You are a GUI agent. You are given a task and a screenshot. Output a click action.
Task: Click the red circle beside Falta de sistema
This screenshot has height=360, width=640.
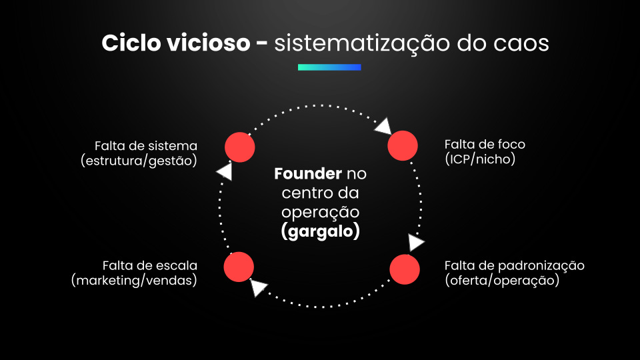click(239, 147)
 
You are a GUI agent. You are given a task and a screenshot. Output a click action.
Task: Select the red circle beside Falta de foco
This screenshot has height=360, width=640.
click(403, 145)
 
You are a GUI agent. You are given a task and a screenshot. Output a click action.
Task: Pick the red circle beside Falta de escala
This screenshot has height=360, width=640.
click(239, 267)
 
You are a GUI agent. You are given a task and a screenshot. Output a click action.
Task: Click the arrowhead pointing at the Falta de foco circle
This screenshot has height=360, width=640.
click(383, 127)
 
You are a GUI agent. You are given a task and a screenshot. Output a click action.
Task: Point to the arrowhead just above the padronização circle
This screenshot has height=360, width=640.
click(415, 243)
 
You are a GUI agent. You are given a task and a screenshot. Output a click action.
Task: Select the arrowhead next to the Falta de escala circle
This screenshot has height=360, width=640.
click(259, 288)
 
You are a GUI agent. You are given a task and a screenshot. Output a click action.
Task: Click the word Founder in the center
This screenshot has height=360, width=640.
click(308, 175)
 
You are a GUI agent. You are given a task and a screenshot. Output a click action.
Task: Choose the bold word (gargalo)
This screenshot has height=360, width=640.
click(320, 231)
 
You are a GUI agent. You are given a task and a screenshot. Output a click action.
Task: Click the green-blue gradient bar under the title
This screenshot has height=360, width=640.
click(329, 67)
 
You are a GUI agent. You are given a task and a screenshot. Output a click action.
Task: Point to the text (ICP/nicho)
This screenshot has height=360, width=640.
click(480, 159)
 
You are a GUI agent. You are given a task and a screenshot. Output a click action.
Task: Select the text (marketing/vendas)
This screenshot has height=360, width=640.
click(134, 281)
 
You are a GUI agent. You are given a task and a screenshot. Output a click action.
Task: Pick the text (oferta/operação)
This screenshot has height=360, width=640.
click(501, 281)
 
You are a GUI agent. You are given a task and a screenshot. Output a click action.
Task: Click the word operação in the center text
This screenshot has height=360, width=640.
click(320, 212)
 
